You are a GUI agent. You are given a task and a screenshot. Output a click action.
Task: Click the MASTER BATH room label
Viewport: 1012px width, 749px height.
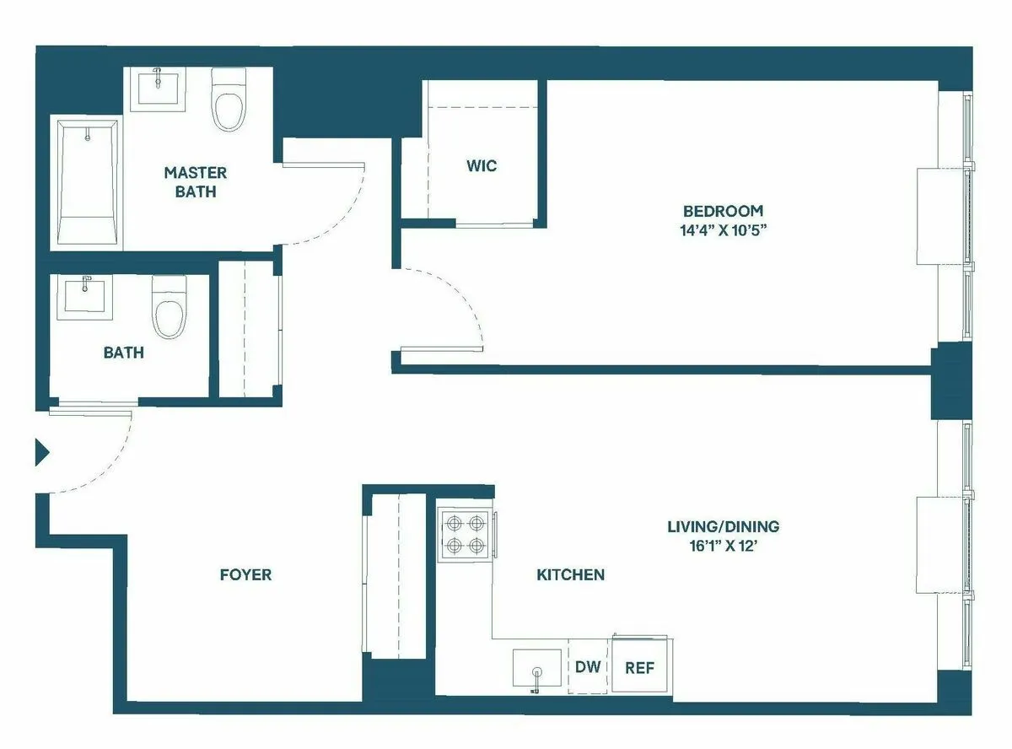coord(195,182)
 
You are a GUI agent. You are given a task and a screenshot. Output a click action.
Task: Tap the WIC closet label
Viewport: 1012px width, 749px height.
coord(482,165)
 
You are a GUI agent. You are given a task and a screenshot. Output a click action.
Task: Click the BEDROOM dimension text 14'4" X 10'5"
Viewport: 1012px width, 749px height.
coord(723,229)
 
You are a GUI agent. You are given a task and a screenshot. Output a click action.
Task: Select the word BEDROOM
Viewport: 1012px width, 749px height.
coord(723,211)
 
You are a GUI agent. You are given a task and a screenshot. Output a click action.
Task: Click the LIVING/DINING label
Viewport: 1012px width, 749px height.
coord(723,526)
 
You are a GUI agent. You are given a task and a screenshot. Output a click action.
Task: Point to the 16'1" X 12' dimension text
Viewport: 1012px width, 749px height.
coord(723,546)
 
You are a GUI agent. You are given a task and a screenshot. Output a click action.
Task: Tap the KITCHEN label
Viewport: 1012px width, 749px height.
coord(571,575)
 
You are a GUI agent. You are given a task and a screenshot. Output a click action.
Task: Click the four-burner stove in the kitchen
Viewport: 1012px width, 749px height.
coord(465,535)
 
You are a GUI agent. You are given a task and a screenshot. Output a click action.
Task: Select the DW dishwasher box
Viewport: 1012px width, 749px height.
coord(588,667)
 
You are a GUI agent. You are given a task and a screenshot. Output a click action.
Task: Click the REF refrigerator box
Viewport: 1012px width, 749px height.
coord(640,667)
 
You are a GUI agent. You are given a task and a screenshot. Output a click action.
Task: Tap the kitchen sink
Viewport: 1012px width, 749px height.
coord(537,668)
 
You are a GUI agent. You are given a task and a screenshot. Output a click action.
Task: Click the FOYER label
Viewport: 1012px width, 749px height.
coord(245,575)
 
